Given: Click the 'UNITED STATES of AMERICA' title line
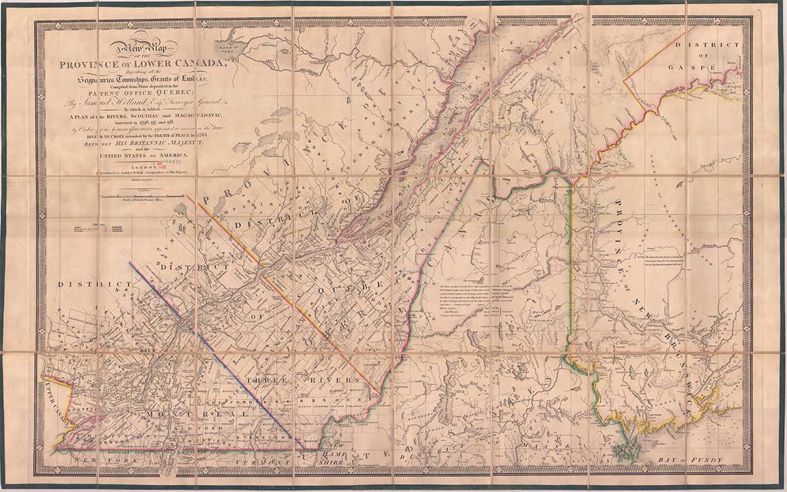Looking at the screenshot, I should click(x=144, y=155).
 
